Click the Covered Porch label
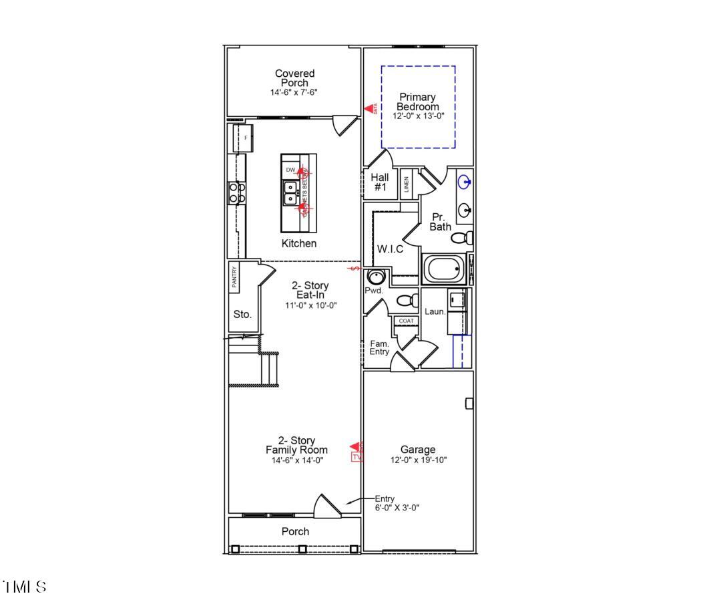294,78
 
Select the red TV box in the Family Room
357,458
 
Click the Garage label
418,450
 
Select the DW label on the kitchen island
290,170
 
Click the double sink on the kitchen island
291,194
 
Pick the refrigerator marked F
244,138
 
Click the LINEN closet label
407,184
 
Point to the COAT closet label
406,321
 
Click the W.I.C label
390,249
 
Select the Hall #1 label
380,182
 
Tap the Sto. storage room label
242,315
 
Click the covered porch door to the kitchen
344,124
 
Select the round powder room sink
377,277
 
